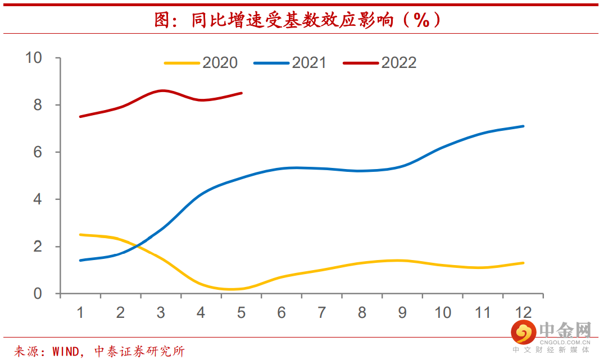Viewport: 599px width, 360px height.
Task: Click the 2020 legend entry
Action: (220, 62)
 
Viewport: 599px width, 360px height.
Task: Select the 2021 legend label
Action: (308, 62)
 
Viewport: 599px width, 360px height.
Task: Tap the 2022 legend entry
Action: (398, 62)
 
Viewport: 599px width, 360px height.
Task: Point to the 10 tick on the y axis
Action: (34, 57)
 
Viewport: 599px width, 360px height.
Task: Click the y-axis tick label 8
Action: (38, 105)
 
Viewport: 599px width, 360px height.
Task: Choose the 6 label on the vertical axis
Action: (38, 152)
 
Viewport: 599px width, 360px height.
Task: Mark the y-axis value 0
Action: (38, 293)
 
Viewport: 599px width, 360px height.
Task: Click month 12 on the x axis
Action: (523, 312)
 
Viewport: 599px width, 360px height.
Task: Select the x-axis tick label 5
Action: (242, 312)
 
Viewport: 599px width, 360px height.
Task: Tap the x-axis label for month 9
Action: (402, 312)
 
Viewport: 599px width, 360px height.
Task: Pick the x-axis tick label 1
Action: (80, 312)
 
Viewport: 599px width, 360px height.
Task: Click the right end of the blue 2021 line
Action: (524, 126)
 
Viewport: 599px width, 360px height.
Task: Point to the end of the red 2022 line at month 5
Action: (242, 93)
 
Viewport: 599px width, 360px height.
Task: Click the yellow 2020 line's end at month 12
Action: (524, 263)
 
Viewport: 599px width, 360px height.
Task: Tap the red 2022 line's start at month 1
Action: (80, 117)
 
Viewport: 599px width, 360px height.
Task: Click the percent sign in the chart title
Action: (421, 21)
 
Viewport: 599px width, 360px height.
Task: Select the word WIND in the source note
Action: (66, 352)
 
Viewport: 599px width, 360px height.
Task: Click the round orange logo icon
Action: (522, 332)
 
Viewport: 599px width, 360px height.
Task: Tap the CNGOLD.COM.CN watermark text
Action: (565, 340)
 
